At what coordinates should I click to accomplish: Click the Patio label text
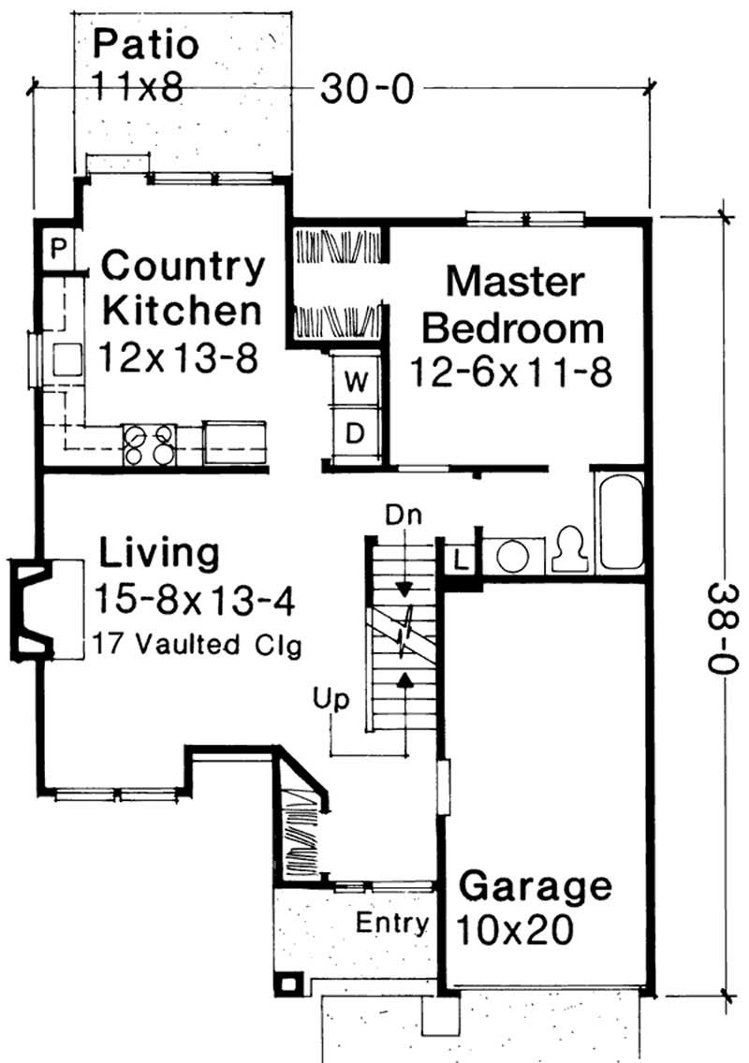[x=146, y=44]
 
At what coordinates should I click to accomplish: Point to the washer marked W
[x=356, y=381]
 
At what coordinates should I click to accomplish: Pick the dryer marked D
[x=356, y=433]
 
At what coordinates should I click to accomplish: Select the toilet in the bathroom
[x=566, y=552]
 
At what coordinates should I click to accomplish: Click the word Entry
[x=392, y=924]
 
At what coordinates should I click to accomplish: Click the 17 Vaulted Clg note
[x=197, y=646]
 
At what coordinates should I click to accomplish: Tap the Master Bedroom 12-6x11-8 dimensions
[x=511, y=371]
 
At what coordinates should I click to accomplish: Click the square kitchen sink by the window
[x=68, y=359]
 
